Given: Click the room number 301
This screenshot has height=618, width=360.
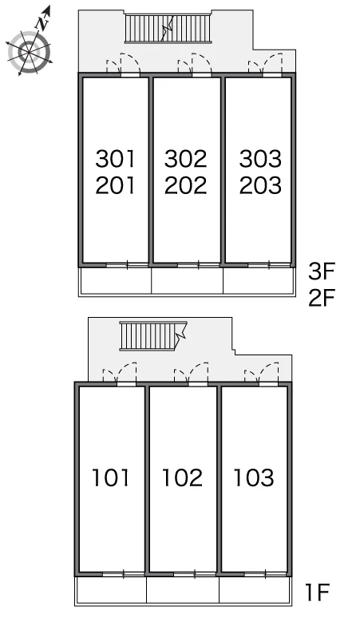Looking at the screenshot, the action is tap(116, 158).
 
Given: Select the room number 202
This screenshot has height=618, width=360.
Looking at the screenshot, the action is tap(185, 185).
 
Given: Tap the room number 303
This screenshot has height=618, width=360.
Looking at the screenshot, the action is tap(260, 158).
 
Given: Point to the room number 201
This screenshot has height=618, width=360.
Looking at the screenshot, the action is tap(116, 185).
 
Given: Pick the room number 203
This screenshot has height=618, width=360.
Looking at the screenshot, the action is tap(260, 185).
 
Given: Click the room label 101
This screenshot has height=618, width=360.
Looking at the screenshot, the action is tap(111, 477).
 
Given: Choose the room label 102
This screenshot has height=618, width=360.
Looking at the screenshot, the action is tap(182, 477).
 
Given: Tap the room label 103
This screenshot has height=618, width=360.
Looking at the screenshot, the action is tap(254, 477).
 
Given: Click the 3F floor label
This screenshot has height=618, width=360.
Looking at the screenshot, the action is tap(321, 271).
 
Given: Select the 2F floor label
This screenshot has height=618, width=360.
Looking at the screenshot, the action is tap(321, 298).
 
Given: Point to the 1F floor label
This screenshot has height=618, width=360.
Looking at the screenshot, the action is tap(318, 592).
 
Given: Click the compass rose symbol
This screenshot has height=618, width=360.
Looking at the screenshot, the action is tap(30, 50).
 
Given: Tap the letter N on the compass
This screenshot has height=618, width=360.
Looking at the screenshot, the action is tap(42, 24).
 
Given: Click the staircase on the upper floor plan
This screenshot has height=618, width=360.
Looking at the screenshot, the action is tap(168, 29).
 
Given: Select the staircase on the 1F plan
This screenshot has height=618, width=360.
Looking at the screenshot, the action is tap(153, 336).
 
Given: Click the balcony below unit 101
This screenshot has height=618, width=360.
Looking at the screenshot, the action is tap(111, 589).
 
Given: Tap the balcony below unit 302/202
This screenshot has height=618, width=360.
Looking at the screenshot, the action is tap(187, 280).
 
